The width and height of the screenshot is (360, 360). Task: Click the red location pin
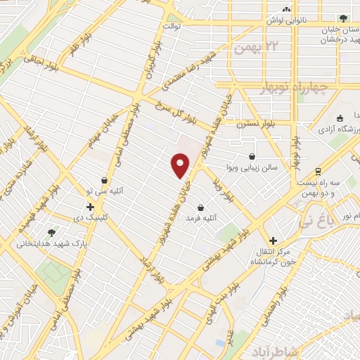(181, 165)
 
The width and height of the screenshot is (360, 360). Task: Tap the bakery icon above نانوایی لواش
(286, 10)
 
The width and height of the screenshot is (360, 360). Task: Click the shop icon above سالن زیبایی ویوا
(252, 157)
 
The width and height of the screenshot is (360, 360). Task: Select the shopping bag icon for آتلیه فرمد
(202, 208)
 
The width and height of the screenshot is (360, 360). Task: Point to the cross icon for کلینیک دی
(90, 207)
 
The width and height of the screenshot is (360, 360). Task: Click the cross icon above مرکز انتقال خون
(274, 240)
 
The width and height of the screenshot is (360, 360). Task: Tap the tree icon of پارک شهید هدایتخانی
(51, 233)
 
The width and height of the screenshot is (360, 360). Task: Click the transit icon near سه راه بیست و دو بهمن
(319, 171)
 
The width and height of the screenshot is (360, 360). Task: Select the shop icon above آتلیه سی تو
(105, 180)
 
